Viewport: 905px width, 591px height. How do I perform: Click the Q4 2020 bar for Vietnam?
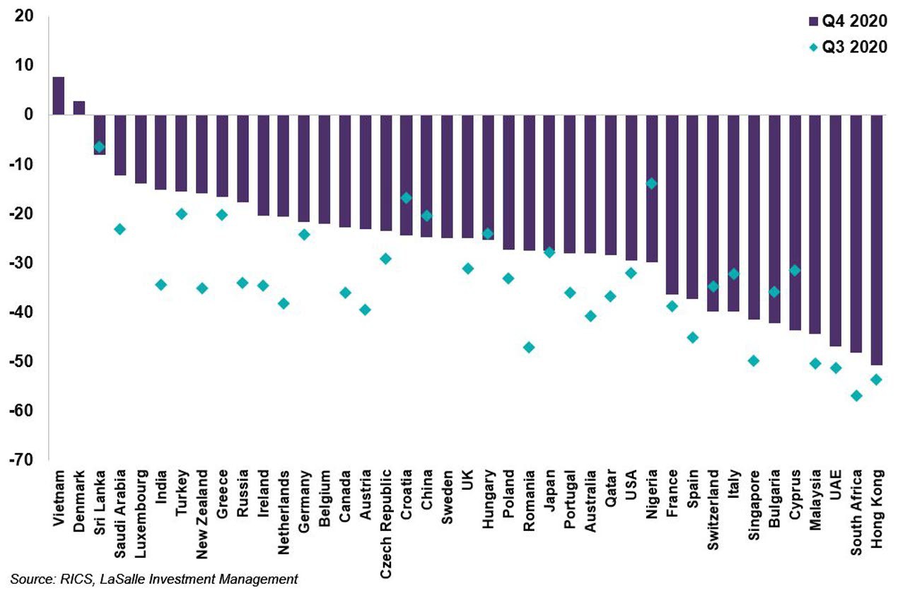59,95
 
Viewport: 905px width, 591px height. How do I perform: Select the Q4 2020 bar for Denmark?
79,107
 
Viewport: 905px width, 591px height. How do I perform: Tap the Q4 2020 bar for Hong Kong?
877,240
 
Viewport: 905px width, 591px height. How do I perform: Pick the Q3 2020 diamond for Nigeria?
651,184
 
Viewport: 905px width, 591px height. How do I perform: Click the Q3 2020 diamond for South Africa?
856,396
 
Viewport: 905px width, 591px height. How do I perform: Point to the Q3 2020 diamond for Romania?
528,347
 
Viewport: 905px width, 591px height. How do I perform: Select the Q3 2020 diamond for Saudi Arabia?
119,229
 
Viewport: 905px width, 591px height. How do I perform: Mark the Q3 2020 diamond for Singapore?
754,361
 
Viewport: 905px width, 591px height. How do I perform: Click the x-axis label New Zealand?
202,510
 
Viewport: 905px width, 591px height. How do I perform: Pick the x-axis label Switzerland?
713,504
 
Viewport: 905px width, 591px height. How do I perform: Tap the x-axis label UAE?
836,484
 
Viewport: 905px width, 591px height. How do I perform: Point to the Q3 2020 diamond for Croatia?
406,198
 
